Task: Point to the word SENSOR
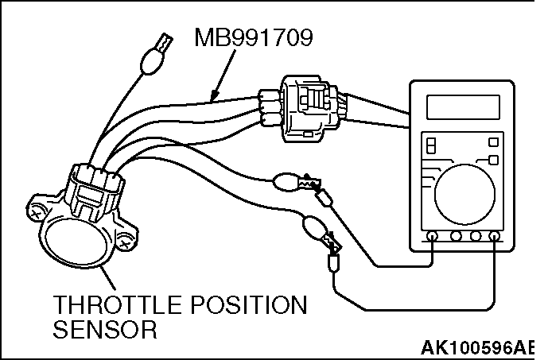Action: pos(103,329)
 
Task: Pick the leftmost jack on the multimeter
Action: pos(433,237)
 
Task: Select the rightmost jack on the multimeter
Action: pos(495,237)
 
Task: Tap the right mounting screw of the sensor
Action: pos(126,237)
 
